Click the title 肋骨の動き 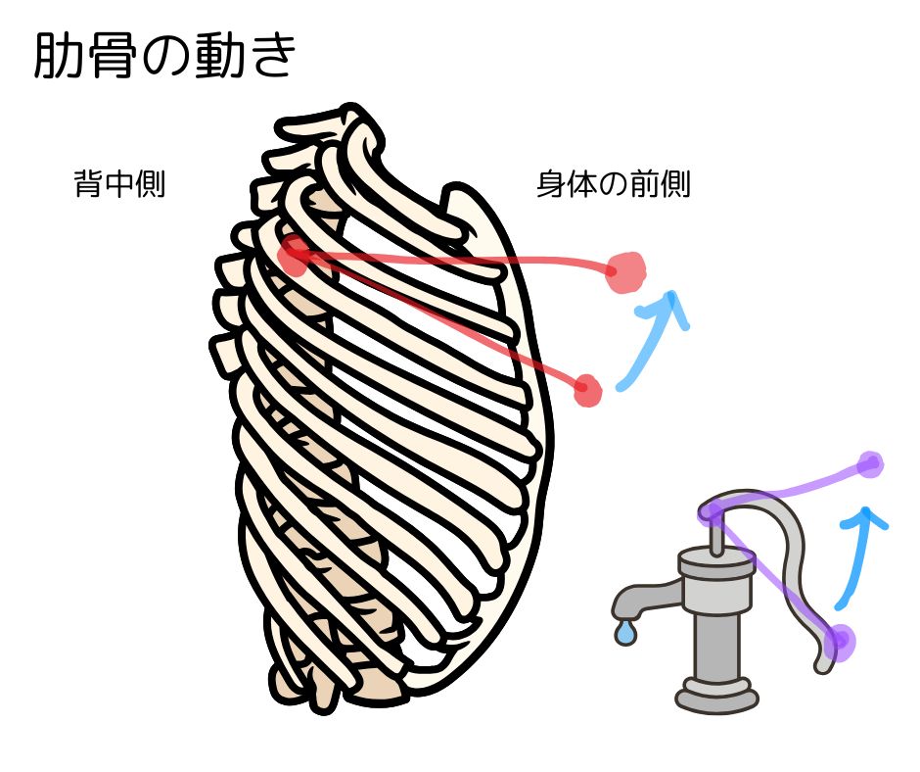coord(164,58)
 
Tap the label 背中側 coord(118,184)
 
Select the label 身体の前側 coord(614,184)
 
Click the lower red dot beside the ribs coord(587,389)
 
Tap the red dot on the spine coord(293,258)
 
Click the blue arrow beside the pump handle coord(859,554)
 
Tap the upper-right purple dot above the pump coord(869,464)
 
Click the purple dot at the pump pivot coord(712,512)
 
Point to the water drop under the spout coord(624,634)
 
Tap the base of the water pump coord(715,695)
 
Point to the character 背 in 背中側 coord(88,184)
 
